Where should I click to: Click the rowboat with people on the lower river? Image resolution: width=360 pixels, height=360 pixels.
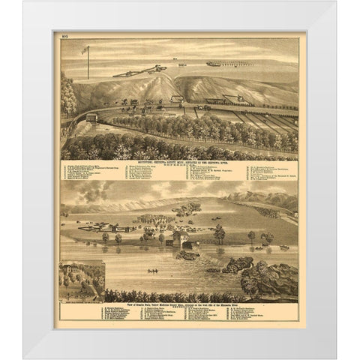(x=151, y=271)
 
